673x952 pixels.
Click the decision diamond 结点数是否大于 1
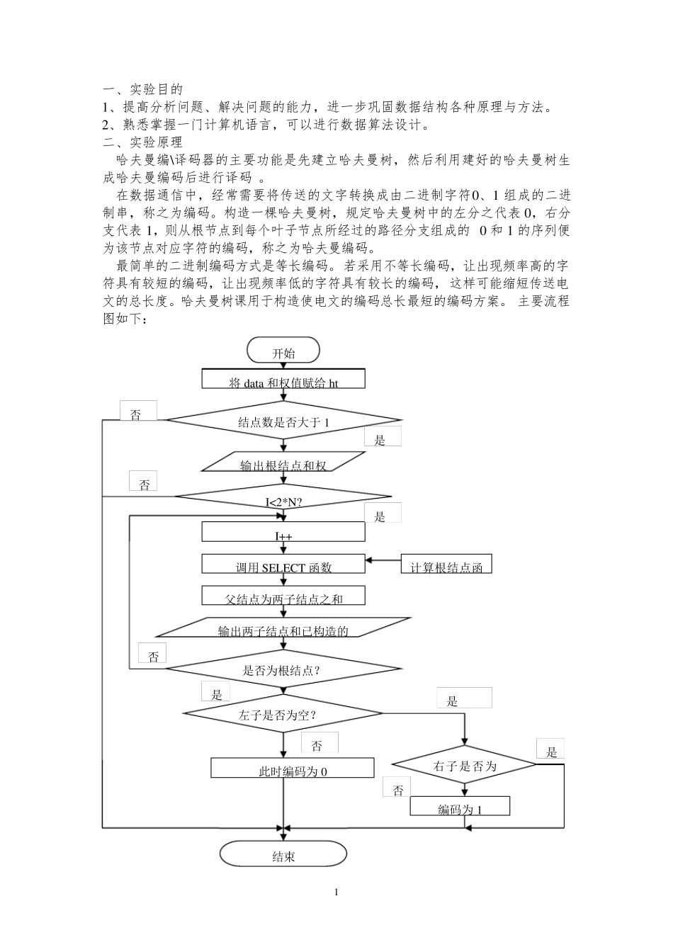click(x=283, y=423)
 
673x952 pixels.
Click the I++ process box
click(x=283, y=532)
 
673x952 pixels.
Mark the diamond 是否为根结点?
click(x=283, y=669)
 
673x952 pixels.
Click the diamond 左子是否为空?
click(x=283, y=713)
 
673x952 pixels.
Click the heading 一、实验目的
click(x=142, y=89)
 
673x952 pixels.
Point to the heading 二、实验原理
click(x=142, y=142)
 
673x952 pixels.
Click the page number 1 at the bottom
click(x=336, y=892)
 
